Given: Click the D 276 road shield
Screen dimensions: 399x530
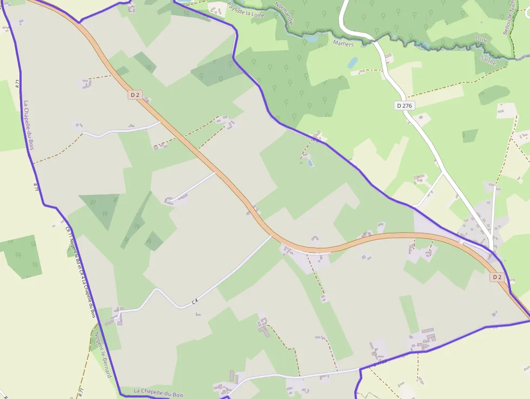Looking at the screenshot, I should tap(405, 106).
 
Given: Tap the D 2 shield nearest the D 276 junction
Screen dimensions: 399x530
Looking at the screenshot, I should tap(497, 277).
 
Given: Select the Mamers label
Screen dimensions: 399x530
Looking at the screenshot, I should tap(343, 43).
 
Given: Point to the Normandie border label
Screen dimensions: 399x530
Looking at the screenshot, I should tap(284, 14).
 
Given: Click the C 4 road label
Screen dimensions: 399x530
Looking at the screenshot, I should tap(195, 301).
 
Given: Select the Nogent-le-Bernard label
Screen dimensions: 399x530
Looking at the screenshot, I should tap(103, 354).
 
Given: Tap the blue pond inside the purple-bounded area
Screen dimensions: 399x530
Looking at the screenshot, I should tap(309, 162).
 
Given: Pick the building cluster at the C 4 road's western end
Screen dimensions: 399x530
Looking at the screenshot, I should tap(116, 316).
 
